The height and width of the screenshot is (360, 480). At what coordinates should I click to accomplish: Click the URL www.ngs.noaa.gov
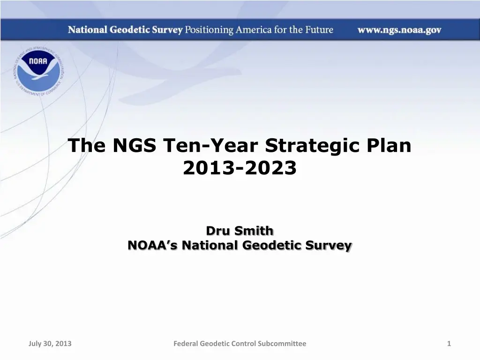(399, 30)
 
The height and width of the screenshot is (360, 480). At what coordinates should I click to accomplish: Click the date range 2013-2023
(240, 168)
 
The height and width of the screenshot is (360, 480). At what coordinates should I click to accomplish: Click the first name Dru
(218, 231)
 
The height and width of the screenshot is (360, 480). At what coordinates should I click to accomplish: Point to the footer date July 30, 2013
(50, 344)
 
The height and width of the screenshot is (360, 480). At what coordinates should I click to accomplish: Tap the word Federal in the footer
(186, 344)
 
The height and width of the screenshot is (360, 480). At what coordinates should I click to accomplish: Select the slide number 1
(449, 344)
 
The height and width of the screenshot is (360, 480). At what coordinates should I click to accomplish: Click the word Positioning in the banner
(208, 30)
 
